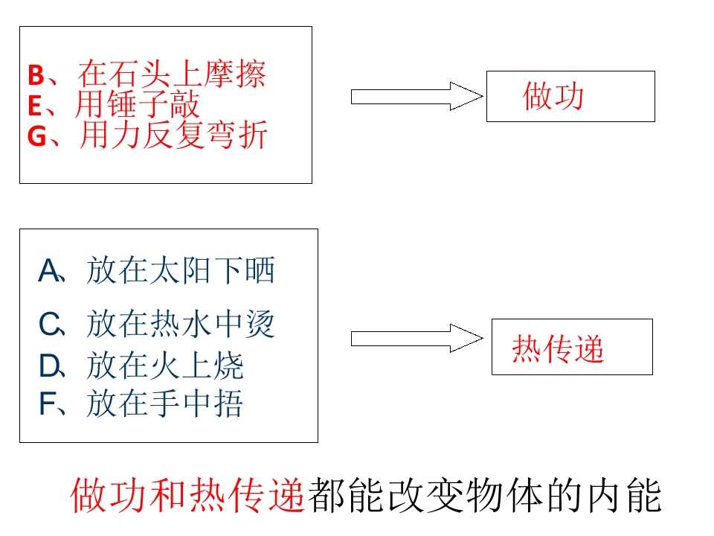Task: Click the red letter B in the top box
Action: (x=36, y=75)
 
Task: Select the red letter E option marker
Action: (x=35, y=106)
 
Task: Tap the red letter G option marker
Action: (x=37, y=135)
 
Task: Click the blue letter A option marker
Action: (x=49, y=271)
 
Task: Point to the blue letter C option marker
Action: (x=49, y=325)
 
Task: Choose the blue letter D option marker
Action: (x=49, y=366)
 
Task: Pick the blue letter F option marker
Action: (x=48, y=403)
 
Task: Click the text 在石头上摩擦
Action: (x=172, y=74)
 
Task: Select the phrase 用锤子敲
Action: (x=137, y=104)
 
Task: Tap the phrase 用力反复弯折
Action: (x=173, y=135)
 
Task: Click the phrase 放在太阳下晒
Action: (x=181, y=271)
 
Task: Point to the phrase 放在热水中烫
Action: (x=181, y=325)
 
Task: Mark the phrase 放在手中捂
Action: (x=165, y=403)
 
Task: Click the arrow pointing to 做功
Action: (x=416, y=96)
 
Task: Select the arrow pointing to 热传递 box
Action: (x=416, y=338)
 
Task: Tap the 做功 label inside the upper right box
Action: (x=553, y=96)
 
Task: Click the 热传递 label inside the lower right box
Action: (x=559, y=348)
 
